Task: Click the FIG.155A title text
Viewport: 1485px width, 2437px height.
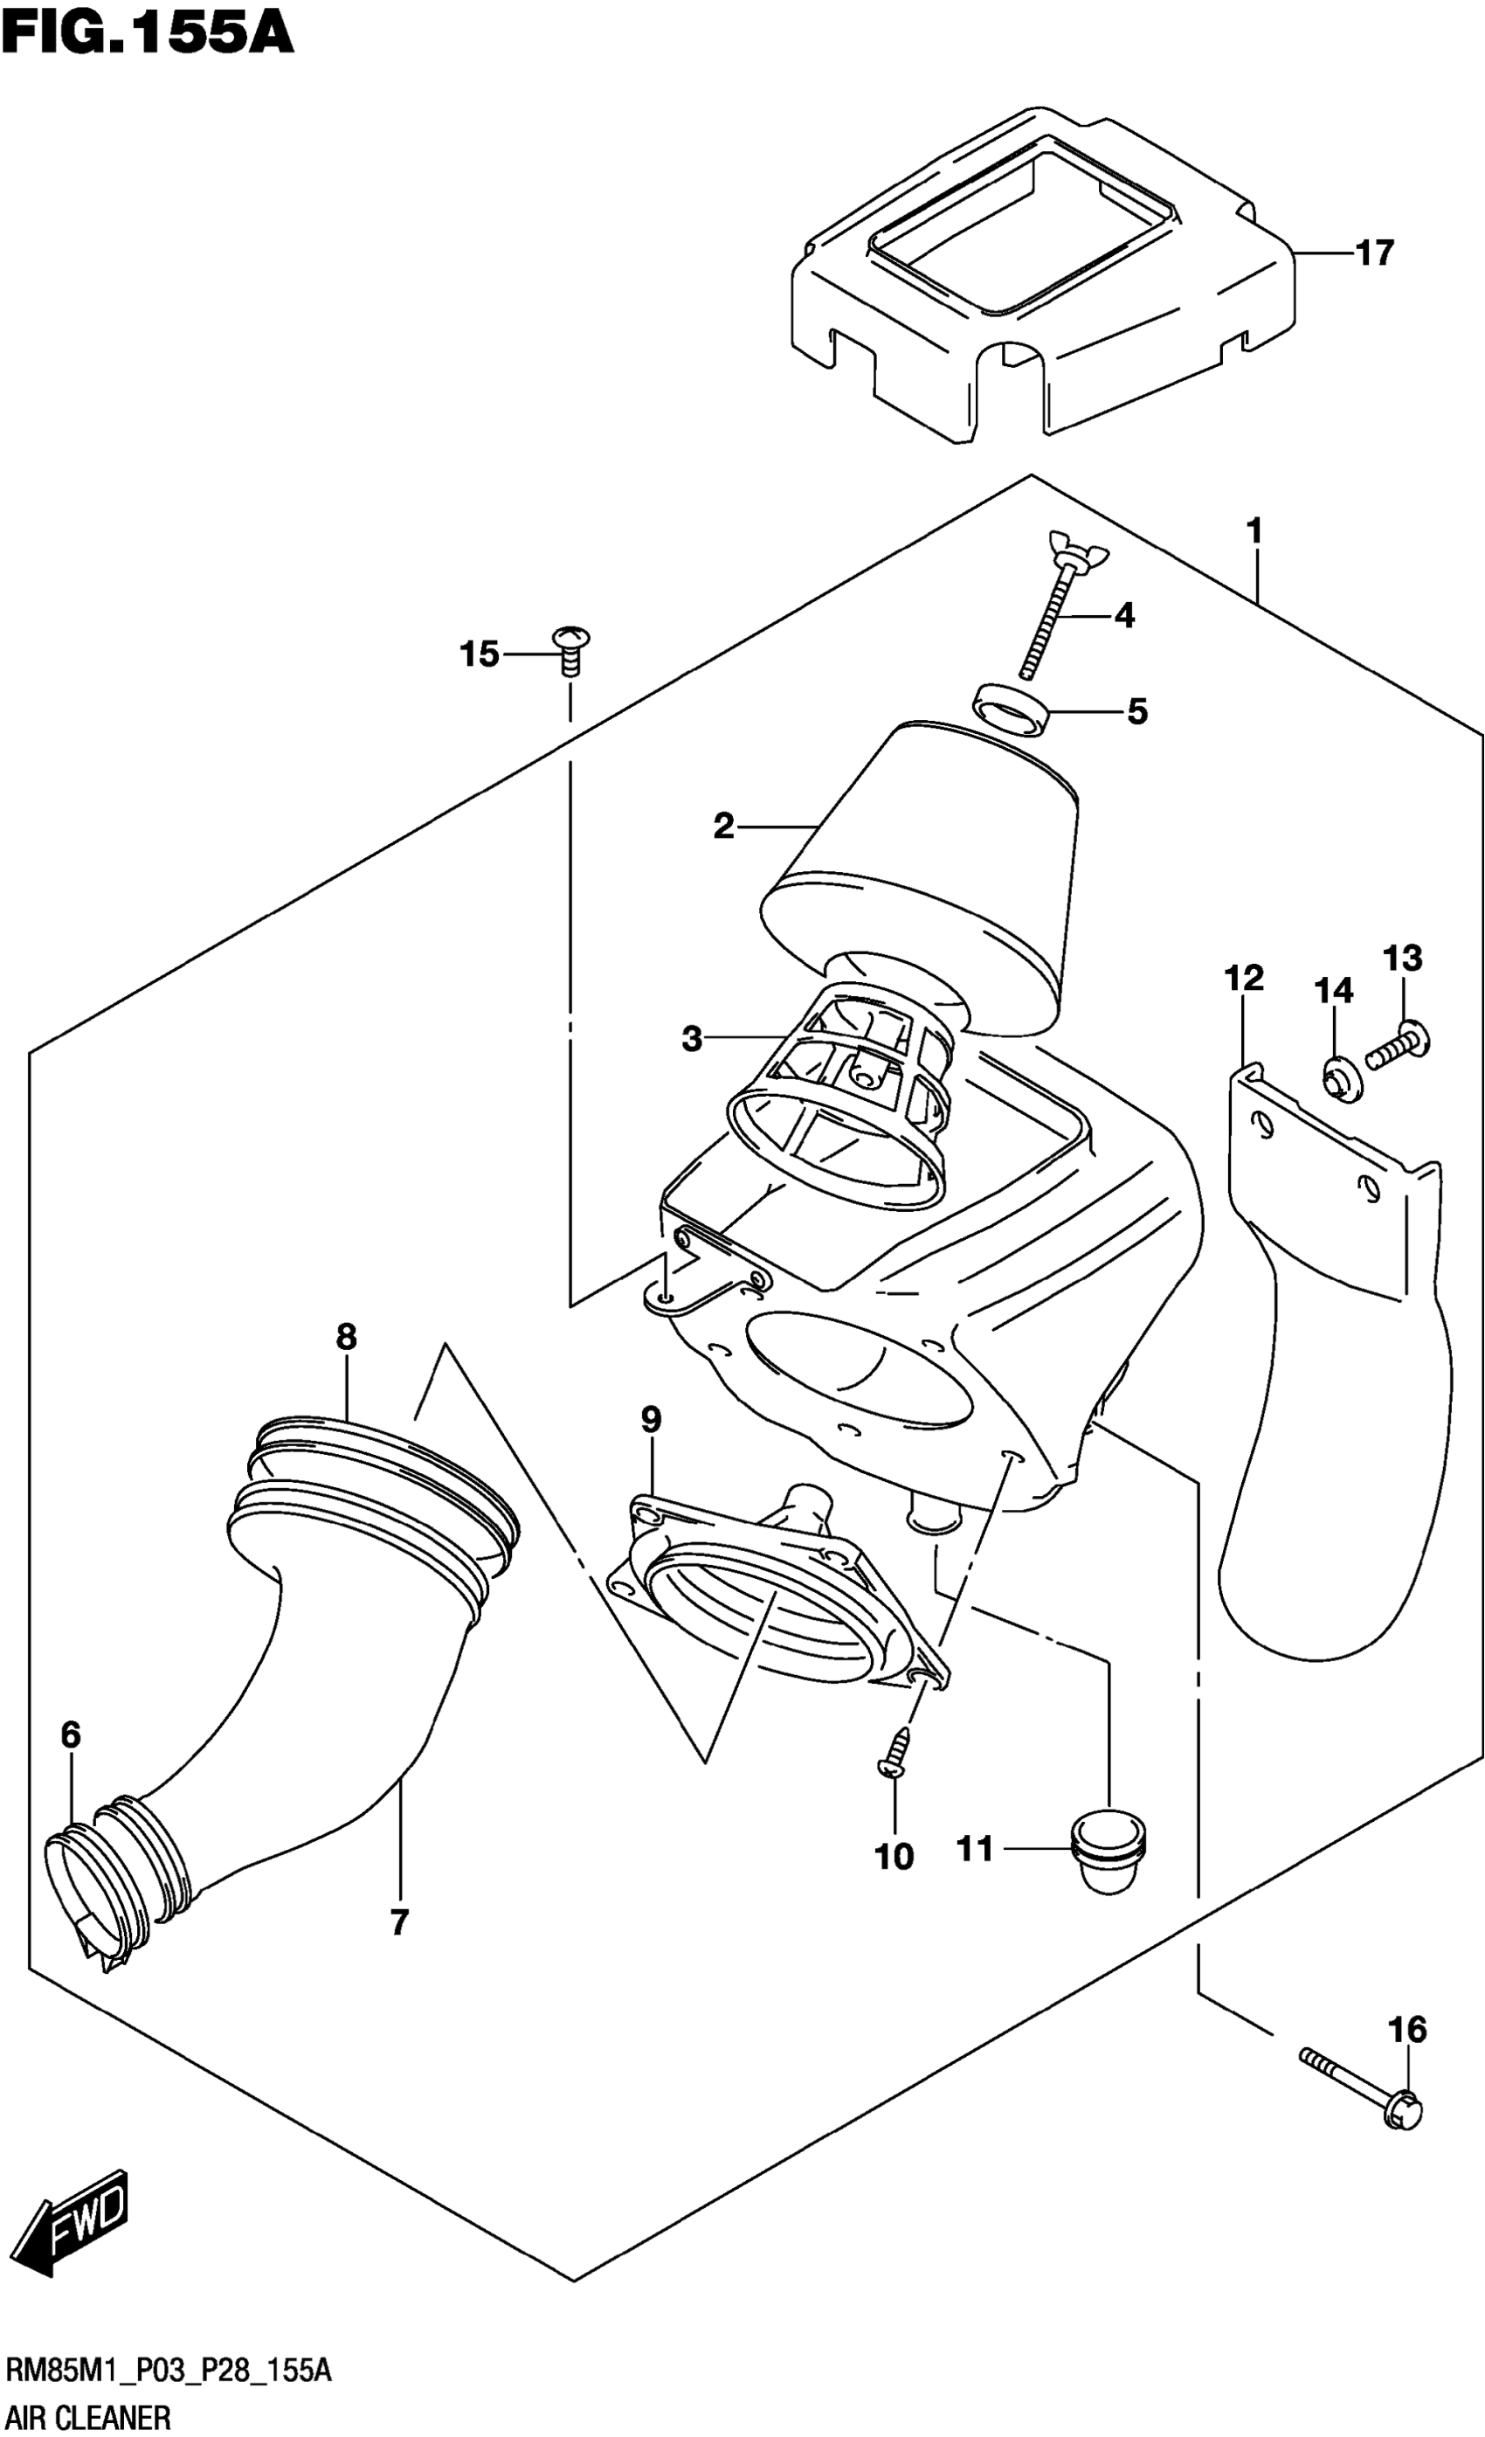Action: point(148,31)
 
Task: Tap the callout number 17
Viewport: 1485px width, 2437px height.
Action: point(1374,253)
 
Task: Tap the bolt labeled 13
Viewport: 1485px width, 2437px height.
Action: point(1399,1049)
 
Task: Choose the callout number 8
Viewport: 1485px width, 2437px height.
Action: point(346,1337)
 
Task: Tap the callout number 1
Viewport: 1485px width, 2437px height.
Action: point(1254,532)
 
